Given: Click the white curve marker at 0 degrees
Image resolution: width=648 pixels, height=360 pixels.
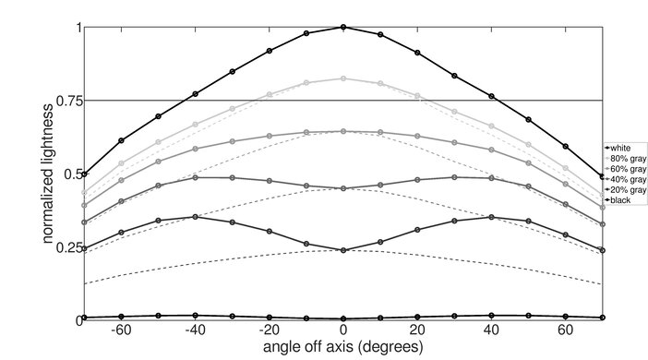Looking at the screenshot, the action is [343, 28].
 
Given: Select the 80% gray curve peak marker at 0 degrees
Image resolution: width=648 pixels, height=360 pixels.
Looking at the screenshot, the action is [343, 78].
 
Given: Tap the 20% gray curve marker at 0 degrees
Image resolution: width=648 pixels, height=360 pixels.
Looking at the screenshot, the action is [343, 250].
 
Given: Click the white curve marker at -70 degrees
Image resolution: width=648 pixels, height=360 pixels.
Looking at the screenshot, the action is [84, 174].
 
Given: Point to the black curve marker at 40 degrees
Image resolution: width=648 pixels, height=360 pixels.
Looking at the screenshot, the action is [491, 316].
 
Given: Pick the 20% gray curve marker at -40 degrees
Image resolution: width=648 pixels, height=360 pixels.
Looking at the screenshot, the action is [195, 217].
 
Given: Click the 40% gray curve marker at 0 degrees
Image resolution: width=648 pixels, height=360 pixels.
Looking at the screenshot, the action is [343, 188].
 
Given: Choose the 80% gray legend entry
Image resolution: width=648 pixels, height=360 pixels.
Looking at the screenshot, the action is [625, 158].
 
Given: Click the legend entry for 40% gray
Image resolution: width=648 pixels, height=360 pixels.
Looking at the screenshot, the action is [625, 179].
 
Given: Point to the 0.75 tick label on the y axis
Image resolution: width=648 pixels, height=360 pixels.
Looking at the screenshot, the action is [68, 101].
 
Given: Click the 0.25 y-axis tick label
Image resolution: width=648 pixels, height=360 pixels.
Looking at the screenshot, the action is [68, 247].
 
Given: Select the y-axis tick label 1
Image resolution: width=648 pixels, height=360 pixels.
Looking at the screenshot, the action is [78, 28].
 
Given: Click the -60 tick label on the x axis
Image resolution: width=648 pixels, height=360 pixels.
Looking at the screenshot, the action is [121, 330].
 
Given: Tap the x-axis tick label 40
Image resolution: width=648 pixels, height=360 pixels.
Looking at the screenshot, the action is [491, 330].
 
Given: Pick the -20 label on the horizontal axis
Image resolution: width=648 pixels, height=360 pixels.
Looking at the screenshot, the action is [269, 330].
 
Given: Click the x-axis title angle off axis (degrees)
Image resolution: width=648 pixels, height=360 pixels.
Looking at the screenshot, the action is [343, 347].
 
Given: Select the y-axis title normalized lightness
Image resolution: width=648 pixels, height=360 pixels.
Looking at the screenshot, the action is [48, 174].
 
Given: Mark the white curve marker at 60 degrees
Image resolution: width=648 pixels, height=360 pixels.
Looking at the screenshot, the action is [565, 147].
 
